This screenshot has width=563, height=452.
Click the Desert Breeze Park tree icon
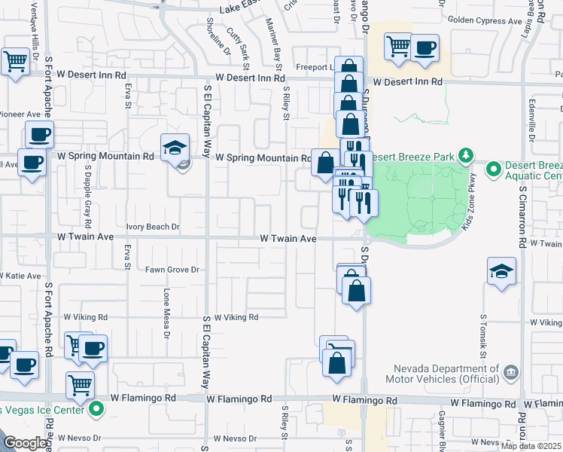pyautogui.click(x=466, y=156)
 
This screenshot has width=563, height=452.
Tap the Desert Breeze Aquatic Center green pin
pyautogui.click(x=494, y=170)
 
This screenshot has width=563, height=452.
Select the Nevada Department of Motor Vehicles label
pyautogui.click(x=441, y=373)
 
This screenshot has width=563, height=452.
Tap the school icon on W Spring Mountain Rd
pyautogui.click(x=174, y=147)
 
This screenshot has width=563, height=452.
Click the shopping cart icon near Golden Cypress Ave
pyautogui.click(x=397, y=46)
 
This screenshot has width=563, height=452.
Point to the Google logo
pyautogui.click(x=26, y=443)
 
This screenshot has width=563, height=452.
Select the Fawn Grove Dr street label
pyautogui.click(x=171, y=270)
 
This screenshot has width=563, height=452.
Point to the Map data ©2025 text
pyautogui.click(x=531, y=446)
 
